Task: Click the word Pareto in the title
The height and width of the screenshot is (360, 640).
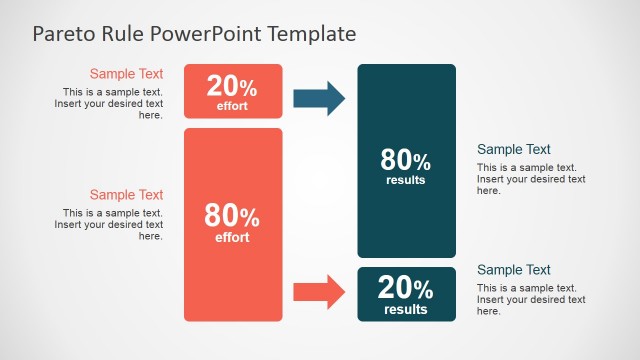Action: pos(63,34)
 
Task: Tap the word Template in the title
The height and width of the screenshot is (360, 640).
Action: pos(311,34)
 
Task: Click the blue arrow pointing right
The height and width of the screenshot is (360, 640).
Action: pos(319,98)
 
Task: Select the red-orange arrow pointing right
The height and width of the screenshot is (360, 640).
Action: pos(319,292)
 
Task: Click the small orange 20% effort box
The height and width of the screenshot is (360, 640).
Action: pos(233,91)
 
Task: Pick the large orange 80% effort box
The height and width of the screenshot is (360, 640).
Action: pos(233,224)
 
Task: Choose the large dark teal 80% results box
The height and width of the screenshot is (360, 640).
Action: pos(406,161)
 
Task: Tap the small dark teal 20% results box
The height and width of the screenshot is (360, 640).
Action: pos(406,294)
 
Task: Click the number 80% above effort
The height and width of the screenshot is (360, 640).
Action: pos(232,215)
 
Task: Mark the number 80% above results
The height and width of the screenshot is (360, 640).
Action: pos(406,160)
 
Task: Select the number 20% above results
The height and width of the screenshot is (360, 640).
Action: pos(406,289)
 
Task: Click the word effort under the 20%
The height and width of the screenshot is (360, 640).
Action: pos(232,106)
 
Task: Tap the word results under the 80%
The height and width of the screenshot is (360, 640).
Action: pos(406,180)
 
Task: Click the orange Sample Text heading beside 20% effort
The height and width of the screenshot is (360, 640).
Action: pos(126,73)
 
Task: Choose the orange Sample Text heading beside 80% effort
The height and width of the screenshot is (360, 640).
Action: pos(126,195)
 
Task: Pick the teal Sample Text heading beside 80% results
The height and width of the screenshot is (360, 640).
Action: pos(514,150)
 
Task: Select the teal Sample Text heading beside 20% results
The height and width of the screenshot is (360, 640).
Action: pos(514,270)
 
